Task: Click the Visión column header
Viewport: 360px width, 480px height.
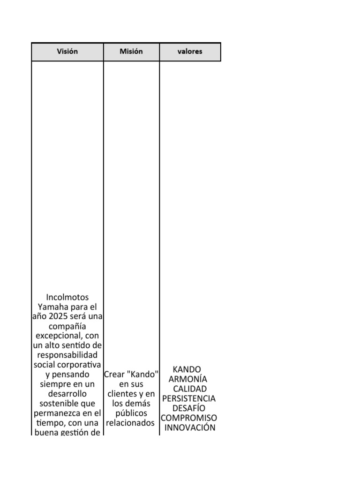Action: coord(67,52)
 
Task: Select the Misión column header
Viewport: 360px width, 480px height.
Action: coord(131,52)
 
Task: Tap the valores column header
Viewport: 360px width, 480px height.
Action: coord(190,52)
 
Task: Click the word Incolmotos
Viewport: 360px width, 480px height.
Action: coord(67,298)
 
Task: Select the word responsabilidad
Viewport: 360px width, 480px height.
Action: coord(67,355)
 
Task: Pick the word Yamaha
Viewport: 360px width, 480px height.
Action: coord(52,307)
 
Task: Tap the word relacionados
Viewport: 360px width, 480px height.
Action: coord(130,423)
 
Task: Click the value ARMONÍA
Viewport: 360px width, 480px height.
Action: coord(187,379)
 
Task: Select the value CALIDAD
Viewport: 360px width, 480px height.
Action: coord(189,389)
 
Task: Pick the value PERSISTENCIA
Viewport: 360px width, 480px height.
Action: coord(189,398)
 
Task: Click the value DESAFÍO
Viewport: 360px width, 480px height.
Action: coord(189,408)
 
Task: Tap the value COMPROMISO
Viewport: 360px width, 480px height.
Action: coord(189,418)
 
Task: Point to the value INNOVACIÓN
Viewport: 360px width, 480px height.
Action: coord(190,427)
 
